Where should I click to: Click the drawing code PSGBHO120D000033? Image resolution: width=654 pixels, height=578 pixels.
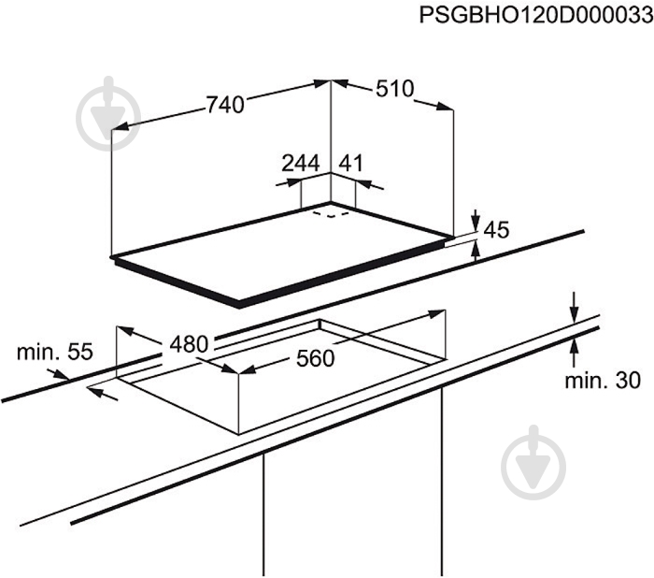point(536,16)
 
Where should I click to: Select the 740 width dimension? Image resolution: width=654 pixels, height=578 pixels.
point(225,105)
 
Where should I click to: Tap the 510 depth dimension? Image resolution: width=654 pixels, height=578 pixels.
point(395,89)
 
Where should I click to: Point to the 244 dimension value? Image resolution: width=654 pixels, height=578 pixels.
point(301,163)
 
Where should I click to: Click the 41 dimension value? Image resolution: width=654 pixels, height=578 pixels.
point(350,163)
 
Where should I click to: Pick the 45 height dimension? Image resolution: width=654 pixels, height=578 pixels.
point(496,230)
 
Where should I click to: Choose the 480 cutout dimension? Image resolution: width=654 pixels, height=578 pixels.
point(189,344)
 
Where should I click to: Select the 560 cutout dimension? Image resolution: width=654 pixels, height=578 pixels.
point(316,359)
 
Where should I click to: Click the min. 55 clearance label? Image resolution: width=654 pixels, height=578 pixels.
point(54,352)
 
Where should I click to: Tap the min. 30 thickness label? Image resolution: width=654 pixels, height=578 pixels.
point(603,381)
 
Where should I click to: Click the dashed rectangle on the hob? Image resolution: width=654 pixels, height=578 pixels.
point(331,214)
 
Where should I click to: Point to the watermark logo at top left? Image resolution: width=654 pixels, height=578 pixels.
point(108,113)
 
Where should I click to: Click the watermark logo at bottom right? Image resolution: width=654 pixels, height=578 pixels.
point(533,463)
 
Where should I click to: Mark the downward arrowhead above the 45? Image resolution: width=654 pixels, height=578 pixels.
point(476,224)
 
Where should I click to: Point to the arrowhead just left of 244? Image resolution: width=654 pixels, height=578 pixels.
point(293,182)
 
